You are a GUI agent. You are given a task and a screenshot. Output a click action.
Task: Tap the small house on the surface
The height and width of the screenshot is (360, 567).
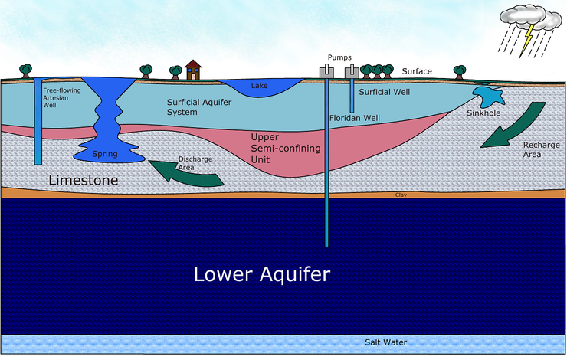[193, 70]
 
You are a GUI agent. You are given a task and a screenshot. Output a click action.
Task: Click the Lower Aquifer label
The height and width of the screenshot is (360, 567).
[261, 274]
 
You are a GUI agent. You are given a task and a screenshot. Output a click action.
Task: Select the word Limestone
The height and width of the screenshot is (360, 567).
[83, 181]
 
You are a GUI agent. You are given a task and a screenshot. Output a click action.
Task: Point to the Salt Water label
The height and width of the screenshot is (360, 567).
[385, 342]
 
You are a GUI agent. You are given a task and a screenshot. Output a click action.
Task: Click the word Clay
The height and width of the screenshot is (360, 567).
[400, 195]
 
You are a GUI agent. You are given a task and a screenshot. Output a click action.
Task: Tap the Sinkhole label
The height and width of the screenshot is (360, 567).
[484, 113]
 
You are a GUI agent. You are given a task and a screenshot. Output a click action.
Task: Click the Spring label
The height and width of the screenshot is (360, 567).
[104, 154]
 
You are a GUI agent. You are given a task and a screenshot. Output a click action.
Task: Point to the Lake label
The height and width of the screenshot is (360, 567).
[260, 86]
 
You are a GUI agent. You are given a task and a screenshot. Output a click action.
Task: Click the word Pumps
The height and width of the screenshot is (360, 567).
[339, 57]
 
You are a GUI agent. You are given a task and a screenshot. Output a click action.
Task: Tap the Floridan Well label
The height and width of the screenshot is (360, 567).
[356, 119]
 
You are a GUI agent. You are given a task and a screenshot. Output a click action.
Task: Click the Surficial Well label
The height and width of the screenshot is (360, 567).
[384, 91]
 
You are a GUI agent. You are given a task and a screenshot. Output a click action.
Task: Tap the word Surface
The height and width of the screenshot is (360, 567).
[417, 71]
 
